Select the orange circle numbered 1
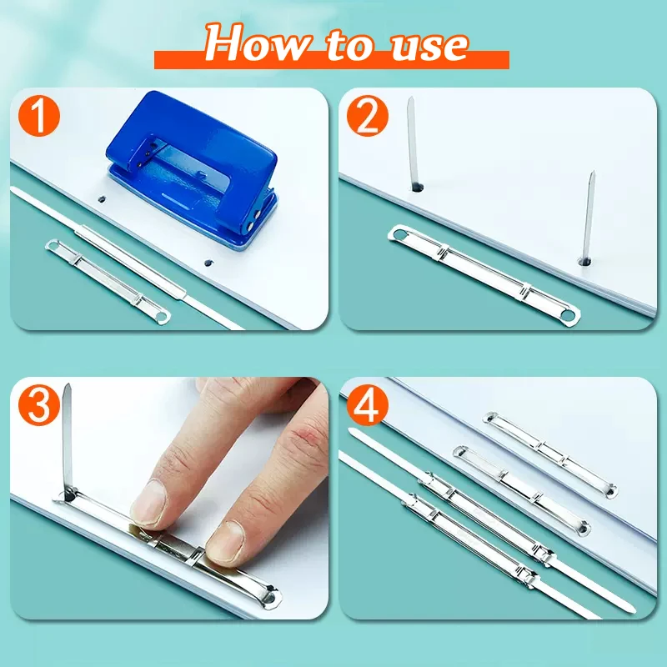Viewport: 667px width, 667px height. coord(38,118)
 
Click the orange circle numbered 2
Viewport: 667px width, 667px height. coord(369,118)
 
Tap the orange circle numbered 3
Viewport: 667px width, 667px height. coord(38,406)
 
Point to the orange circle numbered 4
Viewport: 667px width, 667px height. coord(369,406)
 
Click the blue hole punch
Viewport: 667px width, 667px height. coord(192,179)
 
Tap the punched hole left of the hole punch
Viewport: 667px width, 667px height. coord(101,200)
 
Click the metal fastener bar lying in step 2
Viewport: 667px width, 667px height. coord(484,271)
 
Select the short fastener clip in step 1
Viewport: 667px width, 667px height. coord(107,279)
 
